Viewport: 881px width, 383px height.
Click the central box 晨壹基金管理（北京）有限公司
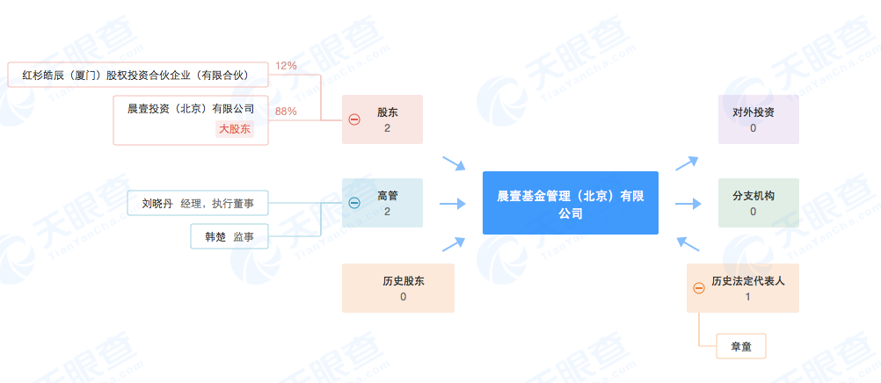[571, 203]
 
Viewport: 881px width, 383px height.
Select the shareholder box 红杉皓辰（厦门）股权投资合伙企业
[138, 75]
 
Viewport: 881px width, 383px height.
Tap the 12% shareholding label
[286, 66]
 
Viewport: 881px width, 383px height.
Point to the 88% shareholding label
[286, 112]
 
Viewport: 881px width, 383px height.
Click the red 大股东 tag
[235, 129]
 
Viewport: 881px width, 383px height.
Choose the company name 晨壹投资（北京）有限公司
[191, 109]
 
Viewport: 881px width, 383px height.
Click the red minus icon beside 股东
[354, 119]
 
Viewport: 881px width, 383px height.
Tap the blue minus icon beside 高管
[354, 203]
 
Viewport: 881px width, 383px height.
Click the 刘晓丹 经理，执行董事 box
[198, 203]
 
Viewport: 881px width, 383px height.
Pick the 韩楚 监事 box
[229, 236]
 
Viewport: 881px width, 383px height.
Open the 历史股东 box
[397, 288]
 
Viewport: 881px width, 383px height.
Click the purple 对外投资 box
[759, 119]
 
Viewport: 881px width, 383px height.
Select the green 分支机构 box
[759, 203]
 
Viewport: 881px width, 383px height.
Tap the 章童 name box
[741, 346]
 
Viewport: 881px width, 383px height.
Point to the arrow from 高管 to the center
[453, 203]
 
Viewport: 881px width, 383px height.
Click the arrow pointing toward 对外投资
[688, 163]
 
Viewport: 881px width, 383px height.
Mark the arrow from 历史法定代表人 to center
[688, 243]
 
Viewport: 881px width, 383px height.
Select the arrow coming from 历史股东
[454, 243]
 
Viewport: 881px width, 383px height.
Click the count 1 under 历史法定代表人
[747, 297]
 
